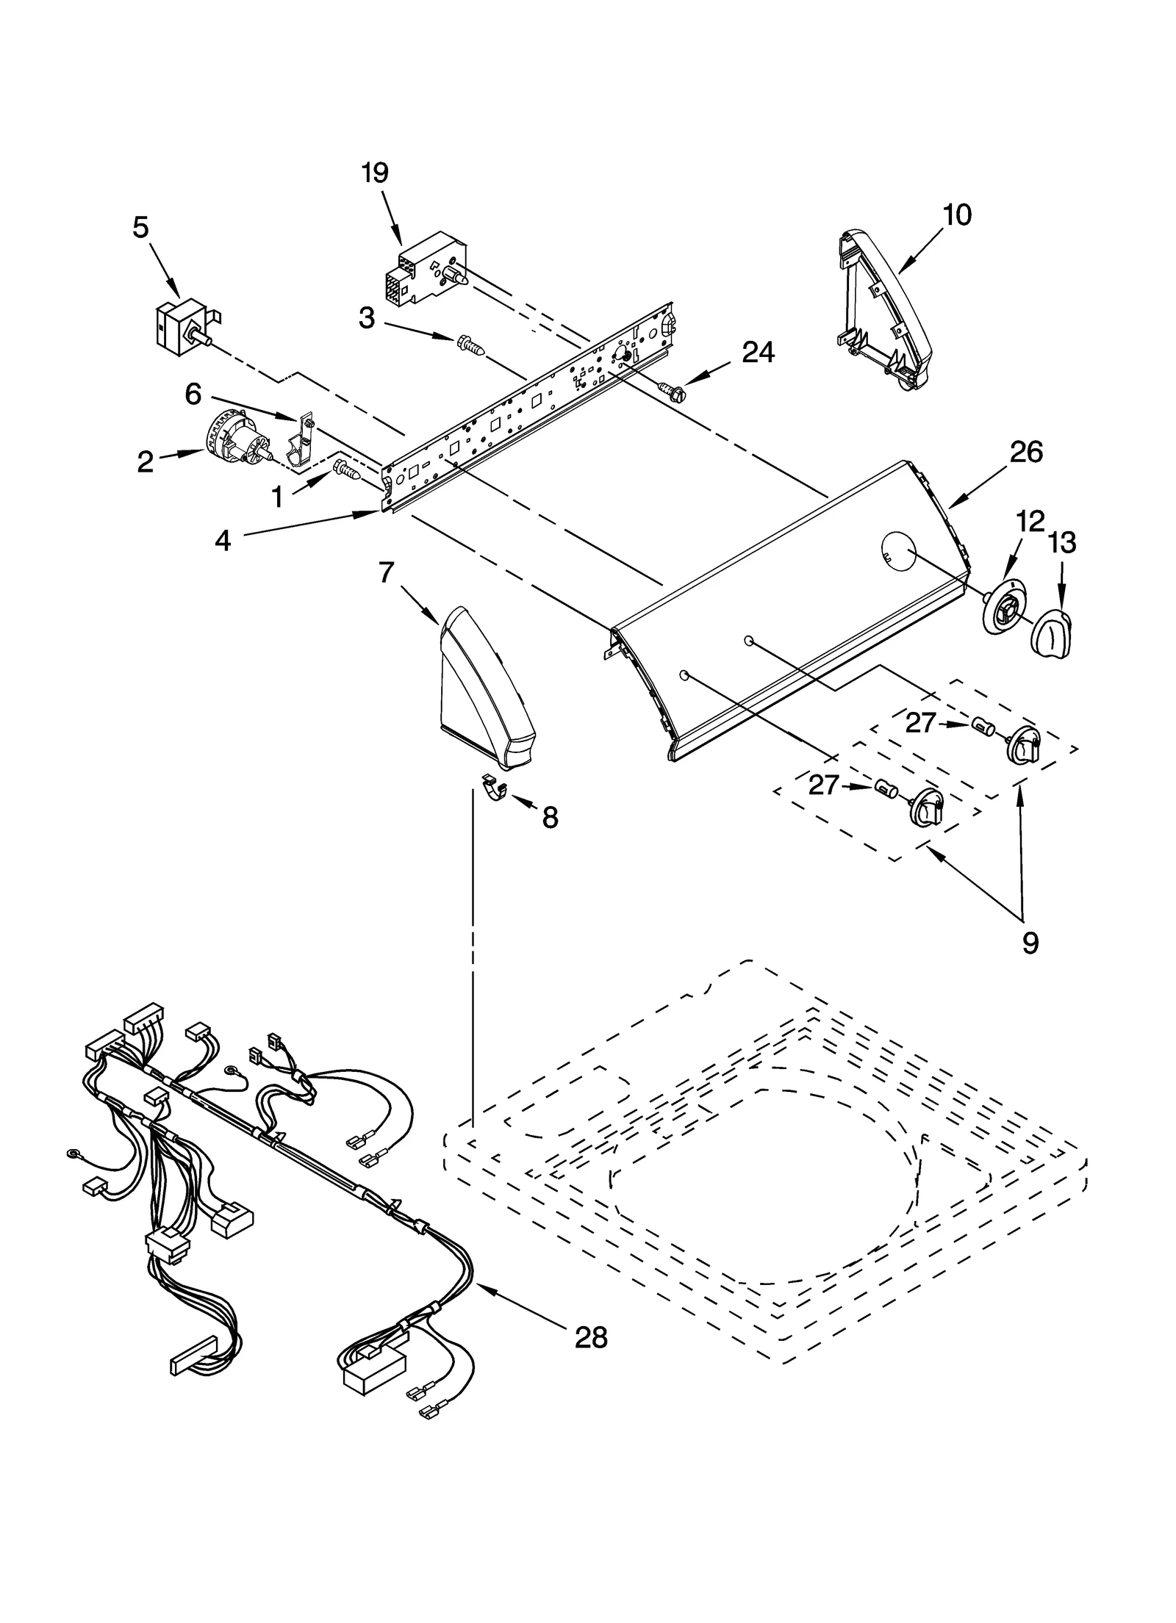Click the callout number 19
click(x=375, y=173)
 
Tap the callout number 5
click(x=140, y=228)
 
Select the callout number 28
click(x=591, y=1338)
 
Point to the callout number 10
click(x=957, y=215)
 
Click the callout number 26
click(x=1025, y=453)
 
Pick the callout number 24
click(x=758, y=353)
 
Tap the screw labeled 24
click(x=672, y=392)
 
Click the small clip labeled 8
click(x=496, y=788)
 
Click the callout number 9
click(x=1030, y=943)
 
